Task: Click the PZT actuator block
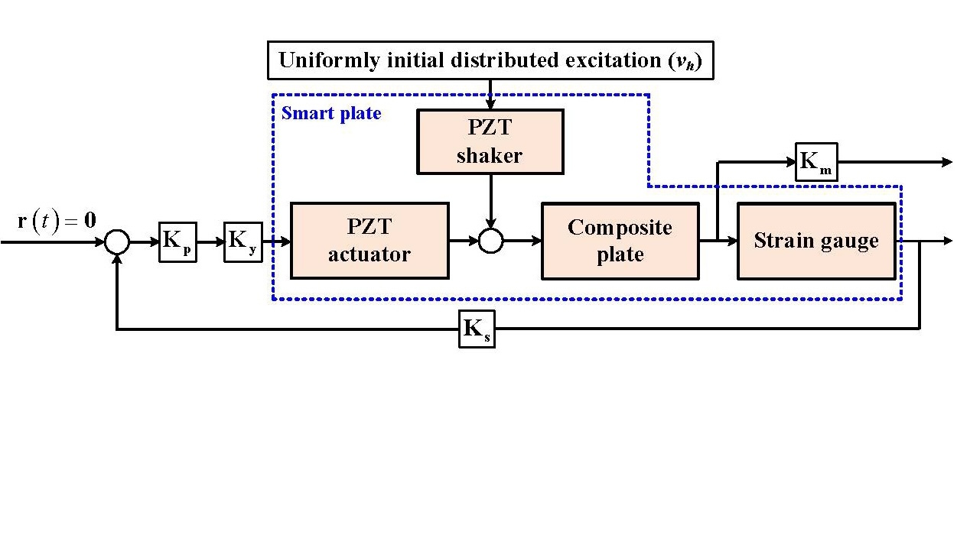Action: [369, 241]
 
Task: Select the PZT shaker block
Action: [490, 141]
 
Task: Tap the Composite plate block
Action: [620, 241]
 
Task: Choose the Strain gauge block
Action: [816, 241]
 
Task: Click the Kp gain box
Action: [177, 242]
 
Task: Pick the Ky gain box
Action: [243, 242]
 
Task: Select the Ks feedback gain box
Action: [477, 329]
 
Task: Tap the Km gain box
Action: [816, 162]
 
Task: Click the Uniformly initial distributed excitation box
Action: [490, 61]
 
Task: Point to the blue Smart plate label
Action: [331, 115]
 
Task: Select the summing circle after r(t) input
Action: [116, 242]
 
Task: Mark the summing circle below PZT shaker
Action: [490, 241]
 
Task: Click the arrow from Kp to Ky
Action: [210, 242]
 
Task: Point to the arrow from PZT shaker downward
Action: [490, 202]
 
